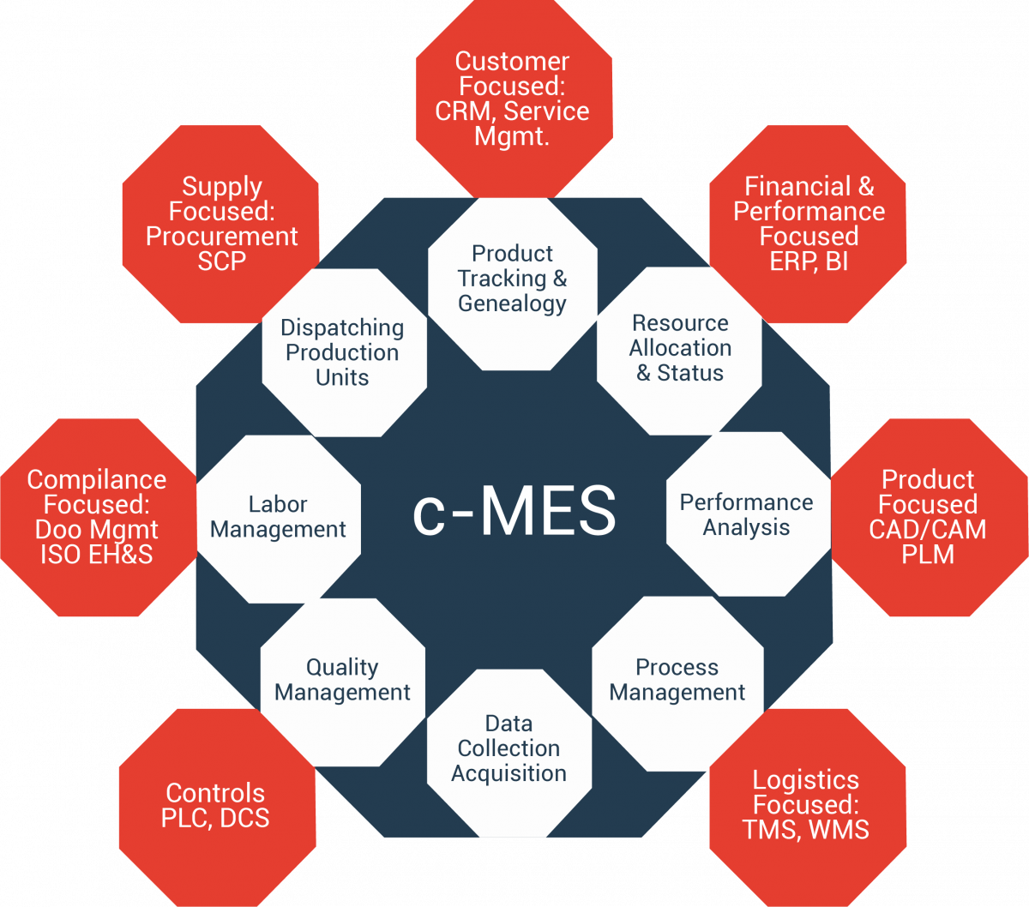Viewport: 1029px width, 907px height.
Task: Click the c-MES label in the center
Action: point(514,512)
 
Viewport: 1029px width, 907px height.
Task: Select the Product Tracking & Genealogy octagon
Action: point(513,279)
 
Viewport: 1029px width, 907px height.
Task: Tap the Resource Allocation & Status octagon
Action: point(680,349)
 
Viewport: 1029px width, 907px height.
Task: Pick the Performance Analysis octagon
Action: point(747,514)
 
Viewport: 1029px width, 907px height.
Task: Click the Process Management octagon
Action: point(677,680)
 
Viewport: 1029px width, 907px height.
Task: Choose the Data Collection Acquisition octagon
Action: point(509,748)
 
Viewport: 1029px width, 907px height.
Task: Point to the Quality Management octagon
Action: point(343,680)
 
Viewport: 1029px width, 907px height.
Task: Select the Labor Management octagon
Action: point(278,518)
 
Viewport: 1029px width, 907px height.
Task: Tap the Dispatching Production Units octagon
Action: point(342,352)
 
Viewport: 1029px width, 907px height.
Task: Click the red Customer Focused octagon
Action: point(513,98)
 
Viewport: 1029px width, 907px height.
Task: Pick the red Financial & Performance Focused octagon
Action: point(809,224)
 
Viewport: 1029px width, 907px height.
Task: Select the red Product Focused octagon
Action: point(928,517)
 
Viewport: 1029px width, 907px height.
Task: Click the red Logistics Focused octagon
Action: point(806,806)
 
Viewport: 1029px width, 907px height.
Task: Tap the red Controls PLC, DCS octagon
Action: point(215,806)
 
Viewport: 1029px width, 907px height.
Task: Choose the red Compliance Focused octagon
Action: point(97,517)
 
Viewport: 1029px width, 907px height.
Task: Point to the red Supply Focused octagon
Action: point(221,224)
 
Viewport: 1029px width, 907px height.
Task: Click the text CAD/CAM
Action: point(928,529)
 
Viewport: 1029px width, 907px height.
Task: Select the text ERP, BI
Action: point(809,261)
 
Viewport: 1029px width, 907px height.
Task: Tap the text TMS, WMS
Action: point(806,830)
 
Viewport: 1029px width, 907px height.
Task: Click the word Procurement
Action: point(221,237)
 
